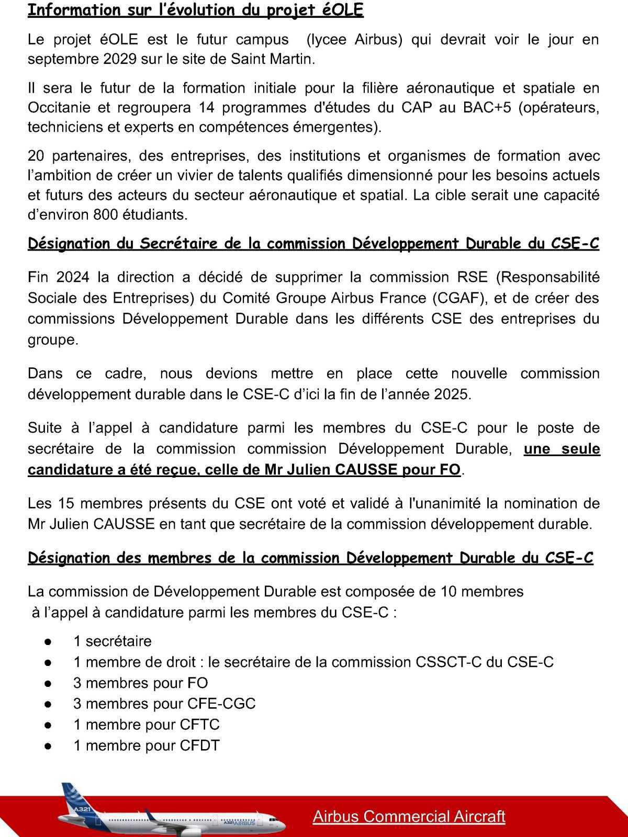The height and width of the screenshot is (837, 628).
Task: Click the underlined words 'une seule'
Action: [562, 449]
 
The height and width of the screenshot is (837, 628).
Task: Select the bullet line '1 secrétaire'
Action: [113, 641]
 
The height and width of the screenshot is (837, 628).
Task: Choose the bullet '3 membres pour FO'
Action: [140, 683]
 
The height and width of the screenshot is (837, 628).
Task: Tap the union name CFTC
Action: [199, 725]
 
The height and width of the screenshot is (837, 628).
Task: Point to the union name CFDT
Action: [199, 746]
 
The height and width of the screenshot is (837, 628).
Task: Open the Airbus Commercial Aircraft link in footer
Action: [409, 817]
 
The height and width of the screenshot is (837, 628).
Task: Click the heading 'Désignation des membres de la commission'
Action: [310, 559]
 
